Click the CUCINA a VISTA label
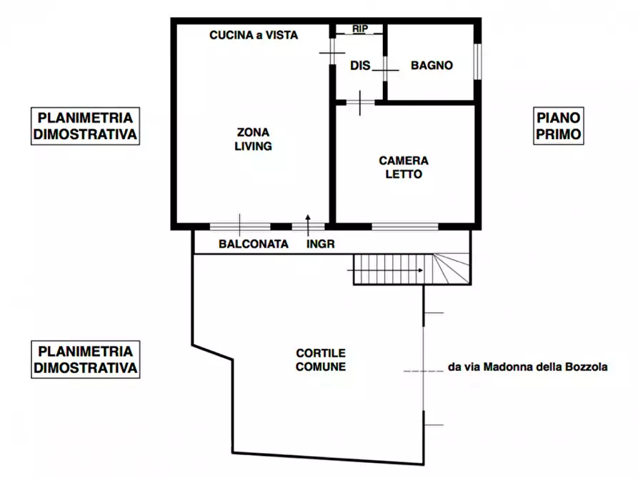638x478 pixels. (x=253, y=35)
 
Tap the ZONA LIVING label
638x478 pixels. (x=254, y=139)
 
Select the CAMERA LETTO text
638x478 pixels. (x=404, y=168)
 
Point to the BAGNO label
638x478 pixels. (x=432, y=66)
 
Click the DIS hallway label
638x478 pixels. (x=360, y=66)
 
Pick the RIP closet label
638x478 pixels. (x=360, y=29)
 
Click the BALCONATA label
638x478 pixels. (x=254, y=244)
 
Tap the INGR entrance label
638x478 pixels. (x=320, y=244)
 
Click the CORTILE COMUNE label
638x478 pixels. (x=321, y=360)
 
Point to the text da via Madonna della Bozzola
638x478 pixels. (x=527, y=367)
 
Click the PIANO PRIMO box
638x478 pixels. (x=559, y=126)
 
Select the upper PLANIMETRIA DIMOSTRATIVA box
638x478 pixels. (x=86, y=126)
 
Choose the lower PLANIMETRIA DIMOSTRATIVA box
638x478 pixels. (x=86, y=360)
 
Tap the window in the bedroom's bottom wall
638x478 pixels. (x=404, y=227)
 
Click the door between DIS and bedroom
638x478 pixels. (x=360, y=103)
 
